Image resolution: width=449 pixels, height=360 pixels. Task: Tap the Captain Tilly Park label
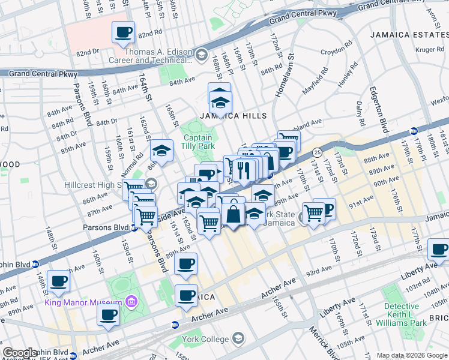pyautogui.click(x=198, y=142)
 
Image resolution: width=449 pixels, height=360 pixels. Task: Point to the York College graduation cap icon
pyautogui.click(x=238, y=338)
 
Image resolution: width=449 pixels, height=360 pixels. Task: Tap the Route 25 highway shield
pyautogui.click(x=316, y=152)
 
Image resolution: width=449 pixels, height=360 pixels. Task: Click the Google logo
pyautogui.click(x=20, y=353)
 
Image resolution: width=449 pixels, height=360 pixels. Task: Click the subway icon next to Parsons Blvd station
pyautogui.click(x=135, y=227)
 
